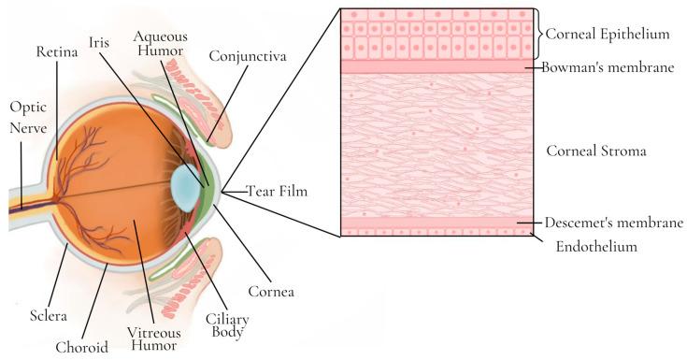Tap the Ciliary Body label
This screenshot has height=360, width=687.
[224, 324]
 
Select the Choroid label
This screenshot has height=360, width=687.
[80, 347]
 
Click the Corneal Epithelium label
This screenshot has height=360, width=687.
[609, 35]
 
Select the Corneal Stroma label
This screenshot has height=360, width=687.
[596, 149]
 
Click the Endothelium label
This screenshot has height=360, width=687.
[597, 247]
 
